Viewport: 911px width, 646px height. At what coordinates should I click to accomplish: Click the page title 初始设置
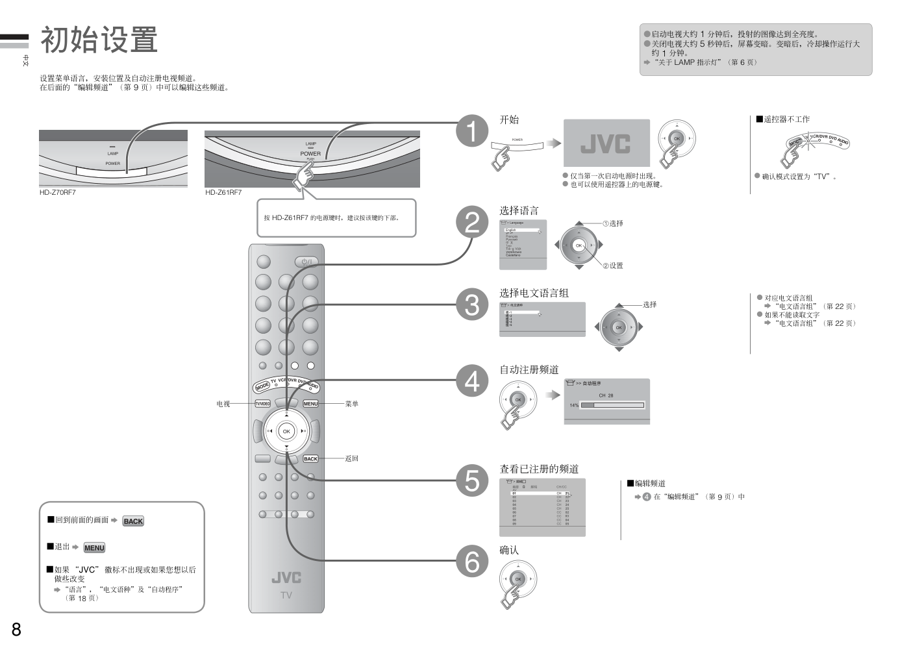click(99, 40)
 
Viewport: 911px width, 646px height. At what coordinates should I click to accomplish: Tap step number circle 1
click(472, 131)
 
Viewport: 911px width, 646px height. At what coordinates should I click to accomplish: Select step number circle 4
click(472, 381)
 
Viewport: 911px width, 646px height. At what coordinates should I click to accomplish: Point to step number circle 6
click(472, 561)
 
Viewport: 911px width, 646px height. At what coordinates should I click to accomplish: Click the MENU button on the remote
click(311, 404)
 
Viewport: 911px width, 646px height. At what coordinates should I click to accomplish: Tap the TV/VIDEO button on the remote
click(262, 404)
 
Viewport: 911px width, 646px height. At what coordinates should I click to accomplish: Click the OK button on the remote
click(286, 431)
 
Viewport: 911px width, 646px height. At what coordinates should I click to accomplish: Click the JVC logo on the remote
click(286, 577)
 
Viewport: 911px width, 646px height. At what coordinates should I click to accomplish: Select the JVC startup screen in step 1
click(606, 143)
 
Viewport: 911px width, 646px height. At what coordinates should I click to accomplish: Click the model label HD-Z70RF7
click(58, 192)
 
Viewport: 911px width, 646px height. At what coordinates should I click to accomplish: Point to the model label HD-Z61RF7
click(223, 192)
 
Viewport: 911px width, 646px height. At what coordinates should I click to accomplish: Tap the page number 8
click(16, 628)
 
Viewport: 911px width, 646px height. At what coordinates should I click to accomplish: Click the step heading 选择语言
click(519, 210)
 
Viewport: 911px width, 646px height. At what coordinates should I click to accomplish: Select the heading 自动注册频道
click(529, 369)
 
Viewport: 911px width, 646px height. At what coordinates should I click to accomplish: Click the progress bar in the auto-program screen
click(612, 405)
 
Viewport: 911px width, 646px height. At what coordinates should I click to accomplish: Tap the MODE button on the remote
click(262, 386)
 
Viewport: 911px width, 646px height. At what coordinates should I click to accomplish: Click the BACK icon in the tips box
click(133, 521)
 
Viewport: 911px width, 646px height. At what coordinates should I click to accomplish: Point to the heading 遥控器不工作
click(786, 119)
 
